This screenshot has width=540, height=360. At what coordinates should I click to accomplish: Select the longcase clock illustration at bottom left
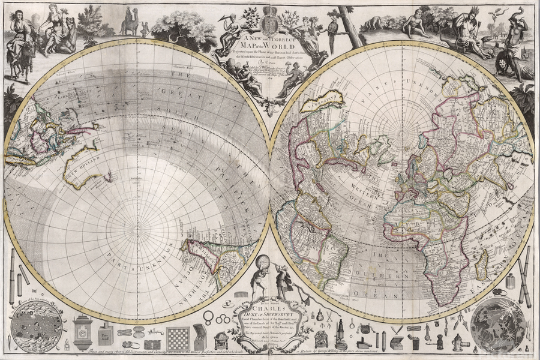coord(82,332)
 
